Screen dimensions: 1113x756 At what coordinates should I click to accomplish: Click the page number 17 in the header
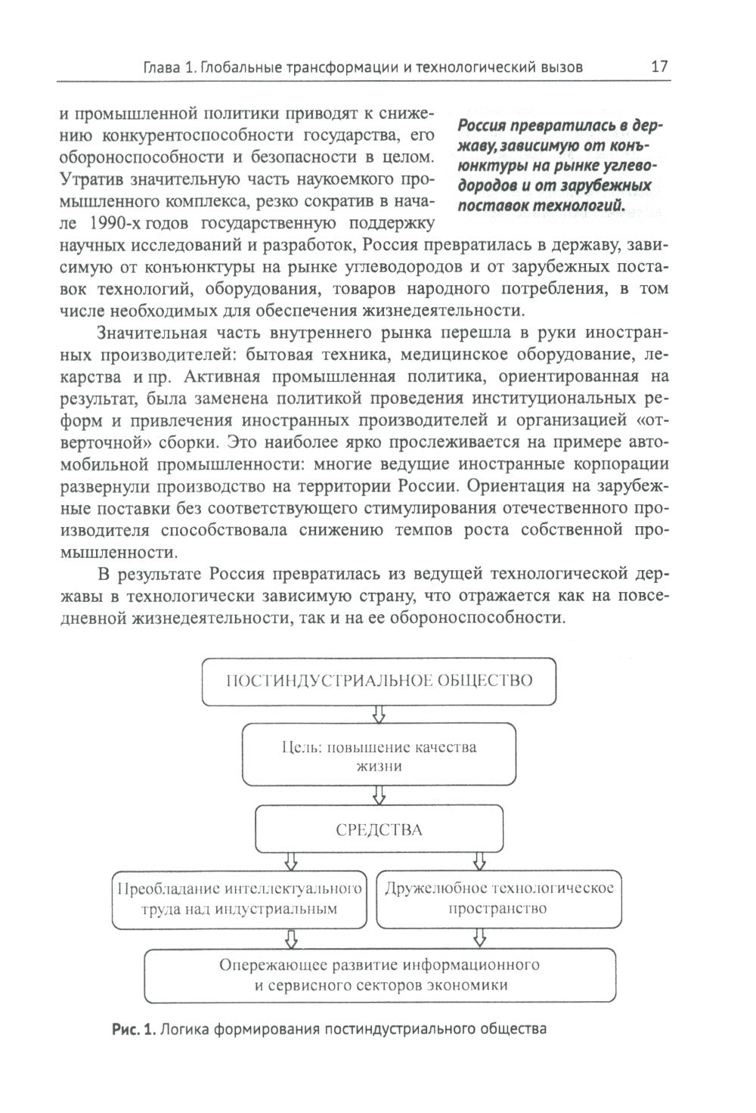[x=659, y=67]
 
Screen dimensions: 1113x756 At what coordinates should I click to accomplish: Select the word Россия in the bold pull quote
[x=488, y=126]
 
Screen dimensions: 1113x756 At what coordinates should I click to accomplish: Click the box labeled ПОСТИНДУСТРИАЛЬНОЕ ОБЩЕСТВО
[x=380, y=680]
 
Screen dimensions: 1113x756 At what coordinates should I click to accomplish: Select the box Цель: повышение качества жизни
[x=379, y=755]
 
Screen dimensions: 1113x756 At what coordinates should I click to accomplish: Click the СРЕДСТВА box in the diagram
[x=379, y=829]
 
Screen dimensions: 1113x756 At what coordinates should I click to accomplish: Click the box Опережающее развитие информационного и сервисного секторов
[x=379, y=975]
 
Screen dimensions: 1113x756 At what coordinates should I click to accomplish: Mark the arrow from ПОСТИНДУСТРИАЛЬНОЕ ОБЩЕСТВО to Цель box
[x=379, y=714]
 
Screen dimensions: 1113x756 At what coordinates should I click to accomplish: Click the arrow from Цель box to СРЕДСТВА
[x=379, y=794]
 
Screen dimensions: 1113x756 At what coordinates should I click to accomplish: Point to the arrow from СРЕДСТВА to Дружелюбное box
[x=479, y=862]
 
